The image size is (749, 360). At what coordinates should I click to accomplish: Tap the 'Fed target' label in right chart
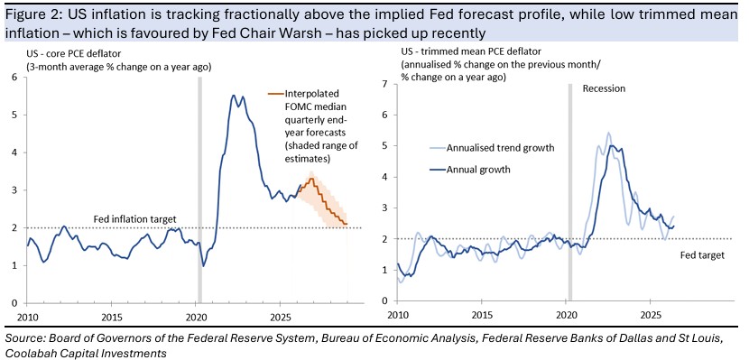[702, 255]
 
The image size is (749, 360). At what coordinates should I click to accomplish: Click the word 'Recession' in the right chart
[604, 88]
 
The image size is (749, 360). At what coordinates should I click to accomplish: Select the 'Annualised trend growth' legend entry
[500, 148]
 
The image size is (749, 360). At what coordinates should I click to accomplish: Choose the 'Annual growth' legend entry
[478, 169]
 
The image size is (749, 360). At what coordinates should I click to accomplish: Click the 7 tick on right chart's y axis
[386, 84]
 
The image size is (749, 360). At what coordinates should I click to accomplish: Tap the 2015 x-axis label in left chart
[111, 317]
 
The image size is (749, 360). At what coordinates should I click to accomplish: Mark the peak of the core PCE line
[233, 95]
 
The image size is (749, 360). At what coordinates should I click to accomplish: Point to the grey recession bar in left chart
[199, 190]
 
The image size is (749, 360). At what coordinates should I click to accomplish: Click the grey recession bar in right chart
[569, 192]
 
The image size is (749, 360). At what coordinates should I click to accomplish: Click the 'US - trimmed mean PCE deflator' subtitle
[455, 51]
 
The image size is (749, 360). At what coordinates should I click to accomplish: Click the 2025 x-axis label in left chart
[281, 317]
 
